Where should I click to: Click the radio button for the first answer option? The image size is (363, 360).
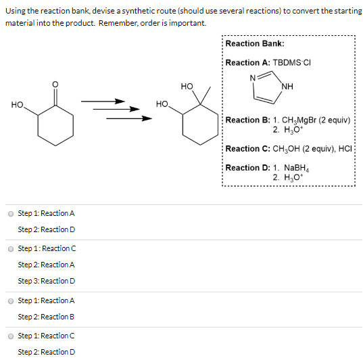(x=10, y=213)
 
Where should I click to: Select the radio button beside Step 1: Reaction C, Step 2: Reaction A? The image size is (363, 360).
(x=10, y=248)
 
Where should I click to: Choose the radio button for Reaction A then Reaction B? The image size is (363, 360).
(x=10, y=300)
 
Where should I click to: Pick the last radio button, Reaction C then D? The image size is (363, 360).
(x=10, y=336)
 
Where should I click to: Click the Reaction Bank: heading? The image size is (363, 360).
(x=255, y=43)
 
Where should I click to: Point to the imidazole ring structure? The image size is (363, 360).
(x=269, y=89)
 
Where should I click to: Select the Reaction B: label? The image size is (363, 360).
(x=247, y=120)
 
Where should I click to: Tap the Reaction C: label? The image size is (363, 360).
(x=247, y=149)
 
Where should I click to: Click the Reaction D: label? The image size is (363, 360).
(x=247, y=168)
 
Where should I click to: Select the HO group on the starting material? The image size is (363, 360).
(x=18, y=104)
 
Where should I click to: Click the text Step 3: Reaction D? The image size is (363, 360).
(x=47, y=281)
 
